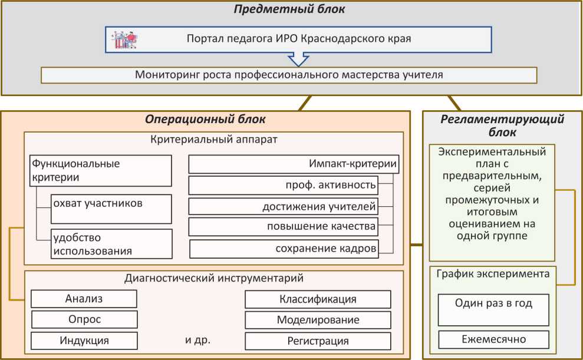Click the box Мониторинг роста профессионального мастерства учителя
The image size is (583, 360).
(289, 75)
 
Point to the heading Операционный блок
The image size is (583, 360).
(205, 119)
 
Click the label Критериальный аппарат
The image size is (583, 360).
(214, 140)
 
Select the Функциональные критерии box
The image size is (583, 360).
(101, 170)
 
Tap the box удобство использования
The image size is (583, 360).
(111, 244)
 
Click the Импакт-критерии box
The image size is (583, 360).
(294, 164)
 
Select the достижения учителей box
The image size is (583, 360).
(283, 206)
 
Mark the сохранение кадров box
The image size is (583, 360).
(284, 249)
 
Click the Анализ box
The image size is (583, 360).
(84, 299)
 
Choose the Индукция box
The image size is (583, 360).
(84, 341)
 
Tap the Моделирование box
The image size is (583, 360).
(318, 320)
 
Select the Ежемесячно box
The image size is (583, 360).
(493, 339)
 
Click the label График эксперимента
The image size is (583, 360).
(493, 273)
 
